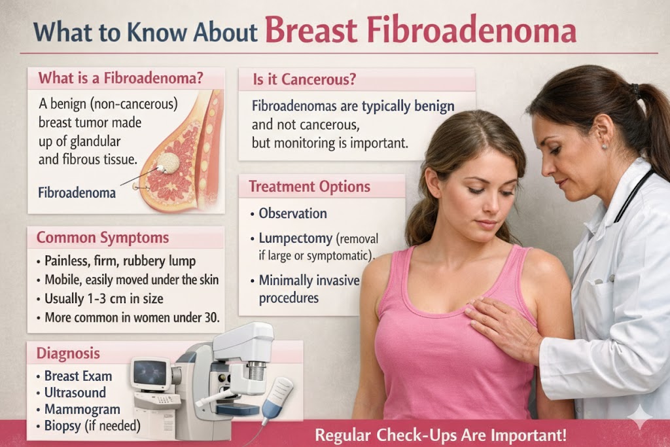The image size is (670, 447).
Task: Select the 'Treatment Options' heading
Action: click(309, 187)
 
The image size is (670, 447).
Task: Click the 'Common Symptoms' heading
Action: click(103, 238)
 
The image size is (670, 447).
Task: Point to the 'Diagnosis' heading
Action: click(68, 353)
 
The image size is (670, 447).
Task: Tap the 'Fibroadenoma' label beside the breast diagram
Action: click(77, 193)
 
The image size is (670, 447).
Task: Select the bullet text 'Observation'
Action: click(292, 213)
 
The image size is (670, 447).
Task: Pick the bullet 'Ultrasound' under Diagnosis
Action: click(74, 393)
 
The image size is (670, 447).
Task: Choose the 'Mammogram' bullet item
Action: click(82, 410)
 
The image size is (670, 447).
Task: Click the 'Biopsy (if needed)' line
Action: click(92, 426)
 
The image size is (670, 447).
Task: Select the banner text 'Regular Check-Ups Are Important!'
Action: click(440, 435)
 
